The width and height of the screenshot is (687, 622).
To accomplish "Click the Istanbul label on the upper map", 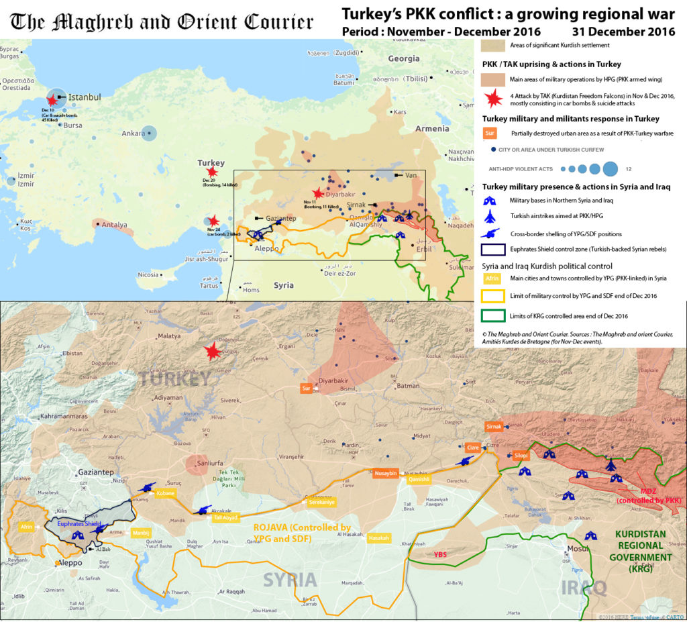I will [85, 97].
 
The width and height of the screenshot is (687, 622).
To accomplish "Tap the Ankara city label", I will [133, 134].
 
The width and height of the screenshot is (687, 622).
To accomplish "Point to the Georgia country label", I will [403, 59].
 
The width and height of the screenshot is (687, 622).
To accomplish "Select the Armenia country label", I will [432, 128].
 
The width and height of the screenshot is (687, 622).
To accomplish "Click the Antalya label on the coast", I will [114, 225].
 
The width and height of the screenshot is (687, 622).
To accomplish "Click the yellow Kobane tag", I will [166, 493].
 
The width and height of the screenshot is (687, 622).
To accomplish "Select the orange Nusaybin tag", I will [386, 472].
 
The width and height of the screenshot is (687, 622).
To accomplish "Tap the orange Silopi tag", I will [521, 456].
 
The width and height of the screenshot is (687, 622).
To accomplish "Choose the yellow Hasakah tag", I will [379, 538].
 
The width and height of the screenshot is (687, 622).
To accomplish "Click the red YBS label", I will [440, 555].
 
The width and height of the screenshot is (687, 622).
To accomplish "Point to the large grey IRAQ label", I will [584, 588].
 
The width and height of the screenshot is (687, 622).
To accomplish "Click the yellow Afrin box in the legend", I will [491, 278].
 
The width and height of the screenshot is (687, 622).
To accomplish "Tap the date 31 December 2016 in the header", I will [623, 32].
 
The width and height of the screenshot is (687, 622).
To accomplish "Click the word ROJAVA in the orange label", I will [272, 528].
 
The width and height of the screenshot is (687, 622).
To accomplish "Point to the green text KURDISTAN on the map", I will [639, 535].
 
